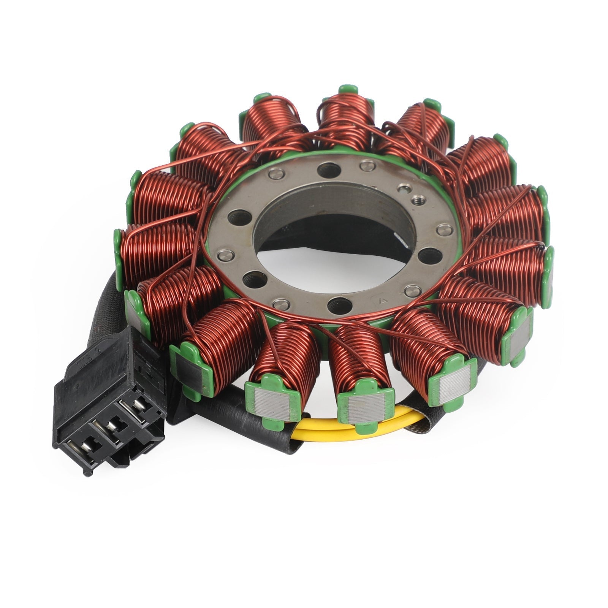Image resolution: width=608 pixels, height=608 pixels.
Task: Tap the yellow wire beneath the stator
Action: (327, 431)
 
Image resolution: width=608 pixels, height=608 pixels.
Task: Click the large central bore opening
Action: (327, 243)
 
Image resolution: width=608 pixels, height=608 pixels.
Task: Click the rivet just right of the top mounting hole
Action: (365, 165)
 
